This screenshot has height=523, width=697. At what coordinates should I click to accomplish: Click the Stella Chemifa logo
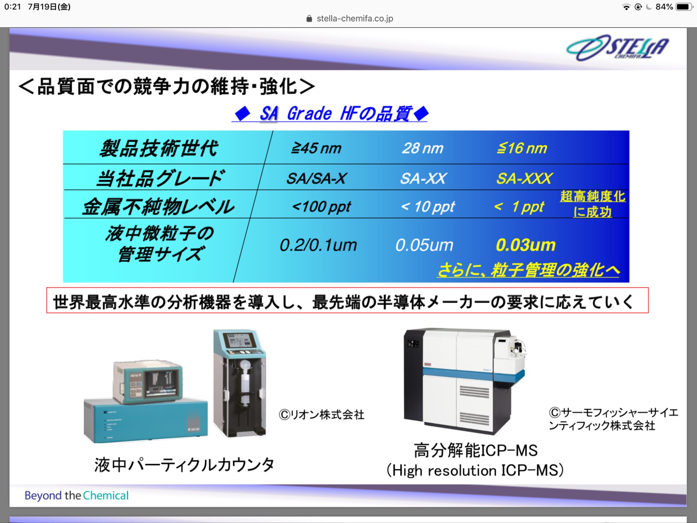point(618,48)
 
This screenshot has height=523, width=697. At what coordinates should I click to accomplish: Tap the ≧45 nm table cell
point(316,148)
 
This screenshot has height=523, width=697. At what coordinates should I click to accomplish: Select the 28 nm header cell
point(423,148)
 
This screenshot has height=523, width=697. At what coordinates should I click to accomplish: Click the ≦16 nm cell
point(522,148)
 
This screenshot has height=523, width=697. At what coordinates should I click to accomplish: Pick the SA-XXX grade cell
point(524,179)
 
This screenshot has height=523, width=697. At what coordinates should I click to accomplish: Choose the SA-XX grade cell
point(423,179)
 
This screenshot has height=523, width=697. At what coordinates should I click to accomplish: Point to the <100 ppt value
point(321,207)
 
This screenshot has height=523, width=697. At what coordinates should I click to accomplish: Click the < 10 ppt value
point(428,207)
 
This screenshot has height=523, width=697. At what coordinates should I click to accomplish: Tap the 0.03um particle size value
point(526,245)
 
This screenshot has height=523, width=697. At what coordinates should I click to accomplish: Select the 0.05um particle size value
point(424,245)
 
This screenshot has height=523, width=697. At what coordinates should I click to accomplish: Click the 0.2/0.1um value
point(318,245)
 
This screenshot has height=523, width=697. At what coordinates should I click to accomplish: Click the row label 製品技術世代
point(159,148)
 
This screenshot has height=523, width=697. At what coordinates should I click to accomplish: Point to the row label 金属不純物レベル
point(159,207)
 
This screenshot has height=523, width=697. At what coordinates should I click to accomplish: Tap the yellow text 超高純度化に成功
point(592,204)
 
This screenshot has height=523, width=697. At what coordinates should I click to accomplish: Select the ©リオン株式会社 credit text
point(322,415)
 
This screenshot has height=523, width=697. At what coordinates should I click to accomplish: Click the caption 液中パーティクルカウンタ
point(184,465)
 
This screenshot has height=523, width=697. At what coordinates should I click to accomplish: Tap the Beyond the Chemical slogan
point(77,495)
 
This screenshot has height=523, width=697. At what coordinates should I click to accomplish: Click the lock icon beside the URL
point(309,18)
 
